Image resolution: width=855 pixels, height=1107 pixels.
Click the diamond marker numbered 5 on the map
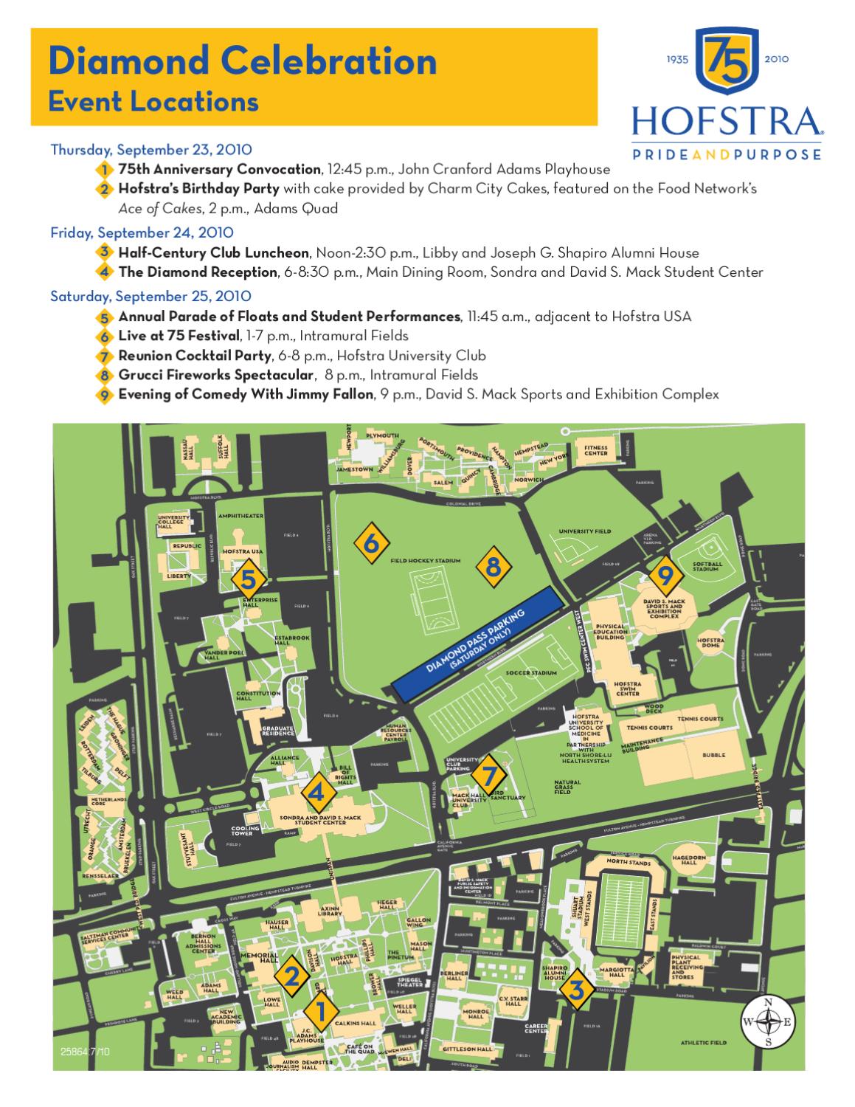[249, 580]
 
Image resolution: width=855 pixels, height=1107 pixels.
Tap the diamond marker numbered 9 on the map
[665, 574]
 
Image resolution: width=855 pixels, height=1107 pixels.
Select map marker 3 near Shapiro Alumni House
[577, 990]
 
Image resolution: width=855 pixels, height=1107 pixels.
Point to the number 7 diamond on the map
[488, 776]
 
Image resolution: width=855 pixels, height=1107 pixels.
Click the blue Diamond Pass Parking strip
[483, 644]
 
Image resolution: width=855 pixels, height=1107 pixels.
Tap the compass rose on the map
[769, 1022]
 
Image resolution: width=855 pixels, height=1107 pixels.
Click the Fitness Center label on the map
[596, 450]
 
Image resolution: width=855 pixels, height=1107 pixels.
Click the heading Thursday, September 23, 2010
[151, 149]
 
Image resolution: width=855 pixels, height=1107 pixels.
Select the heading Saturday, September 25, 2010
[150, 296]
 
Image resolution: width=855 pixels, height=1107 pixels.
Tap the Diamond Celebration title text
[243, 61]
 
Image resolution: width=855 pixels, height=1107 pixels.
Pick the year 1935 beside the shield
[677, 59]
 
